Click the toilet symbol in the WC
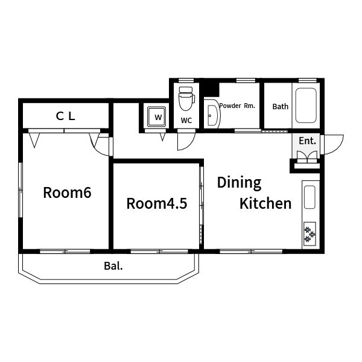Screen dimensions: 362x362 (186, 99)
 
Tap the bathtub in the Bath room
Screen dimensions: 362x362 (306, 105)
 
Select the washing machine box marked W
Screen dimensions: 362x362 (156, 116)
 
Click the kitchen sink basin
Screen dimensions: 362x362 (310, 197)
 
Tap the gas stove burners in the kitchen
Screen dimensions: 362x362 (310, 234)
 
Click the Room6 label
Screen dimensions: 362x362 (67, 192)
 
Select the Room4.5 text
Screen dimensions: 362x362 (157, 203)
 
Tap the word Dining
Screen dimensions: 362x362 (239, 183)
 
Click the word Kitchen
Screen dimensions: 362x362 (265, 203)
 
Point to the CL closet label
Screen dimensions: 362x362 (66, 116)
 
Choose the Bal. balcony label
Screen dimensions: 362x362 (113, 266)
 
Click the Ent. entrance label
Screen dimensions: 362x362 (307, 141)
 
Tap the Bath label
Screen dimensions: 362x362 (281, 106)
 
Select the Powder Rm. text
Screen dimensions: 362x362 (237, 106)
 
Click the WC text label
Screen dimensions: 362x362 (186, 120)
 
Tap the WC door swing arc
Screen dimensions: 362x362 (191, 145)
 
